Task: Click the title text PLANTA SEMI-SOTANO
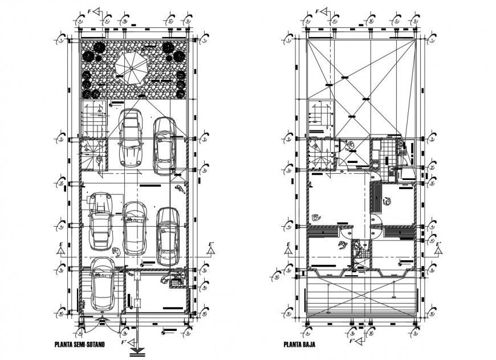[x=83, y=344]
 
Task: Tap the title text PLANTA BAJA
[x=299, y=344]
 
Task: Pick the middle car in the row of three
[x=135, y=228]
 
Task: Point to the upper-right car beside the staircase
[x=164, y=145]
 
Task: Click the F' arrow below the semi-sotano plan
[x=135, y=344]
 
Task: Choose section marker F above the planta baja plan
[x=320, y=11]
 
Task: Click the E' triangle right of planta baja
[x=438, y=249]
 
